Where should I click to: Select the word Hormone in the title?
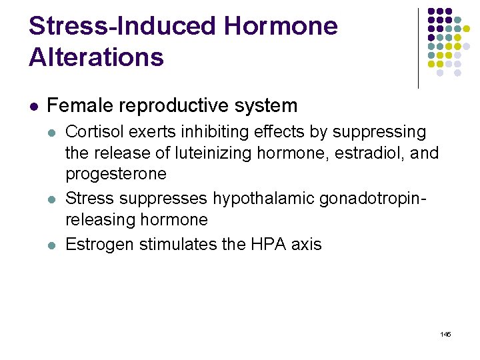click(x=281, y=27)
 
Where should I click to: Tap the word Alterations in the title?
click(x=96, y=57)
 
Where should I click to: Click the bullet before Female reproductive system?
click(x=34, y=106)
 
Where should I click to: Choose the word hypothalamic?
click(x=267, y=199)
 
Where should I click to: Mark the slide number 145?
click(x=445, y=333)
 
